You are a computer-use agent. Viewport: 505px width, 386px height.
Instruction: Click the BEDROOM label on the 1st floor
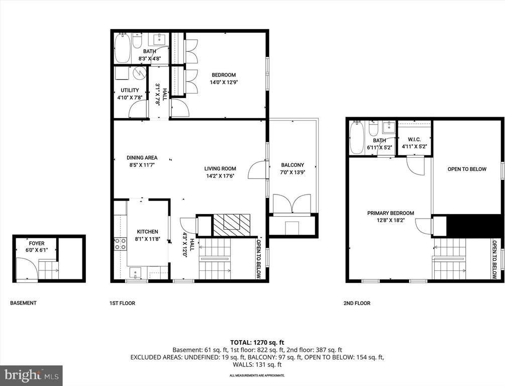pyautogui.click(x=223, y=75)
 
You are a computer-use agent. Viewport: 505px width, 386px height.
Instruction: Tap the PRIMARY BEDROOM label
pyautogui.click(x=390, y=213)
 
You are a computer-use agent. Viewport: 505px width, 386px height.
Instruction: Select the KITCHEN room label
pyautogui.click(x=147, y=232)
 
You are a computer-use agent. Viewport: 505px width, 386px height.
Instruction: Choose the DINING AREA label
pyautogui.click(x=142, y=157)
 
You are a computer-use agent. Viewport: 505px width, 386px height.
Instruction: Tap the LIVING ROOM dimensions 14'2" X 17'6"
pyautogui.click(x=220, y=176)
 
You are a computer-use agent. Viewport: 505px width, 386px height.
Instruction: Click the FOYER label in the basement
pyautogui.click(x=36, y=243)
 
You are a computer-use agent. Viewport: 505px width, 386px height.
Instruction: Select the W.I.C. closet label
pyautogui.click(x=414, y=139)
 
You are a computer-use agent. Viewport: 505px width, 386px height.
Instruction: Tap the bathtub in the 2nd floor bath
pyautogui.click(x=356, y=138)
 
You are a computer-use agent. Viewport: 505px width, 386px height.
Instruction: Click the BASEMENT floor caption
pyautogui.click(x=23, y=303)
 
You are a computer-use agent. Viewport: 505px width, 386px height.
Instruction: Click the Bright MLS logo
pyautogui.click(x=31, y=375)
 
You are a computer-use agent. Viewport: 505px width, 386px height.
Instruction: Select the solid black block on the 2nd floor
pyautogui.click(x=473, y=226)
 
